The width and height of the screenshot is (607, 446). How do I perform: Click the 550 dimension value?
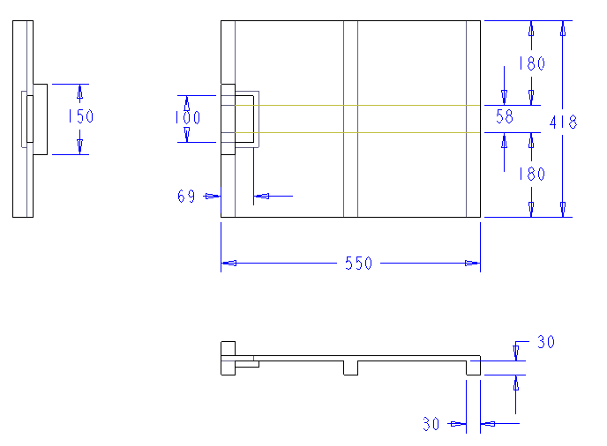coord(358,264)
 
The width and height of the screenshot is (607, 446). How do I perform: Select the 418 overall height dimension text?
coord(563,123)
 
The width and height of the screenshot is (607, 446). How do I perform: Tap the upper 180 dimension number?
coord(531,63)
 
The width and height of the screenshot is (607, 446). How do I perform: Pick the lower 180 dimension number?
coord(531,175)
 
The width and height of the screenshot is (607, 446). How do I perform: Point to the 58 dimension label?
coord(505,115)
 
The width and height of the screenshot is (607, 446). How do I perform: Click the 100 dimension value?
coord(186,117)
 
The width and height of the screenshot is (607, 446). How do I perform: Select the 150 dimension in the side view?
coord(80,116)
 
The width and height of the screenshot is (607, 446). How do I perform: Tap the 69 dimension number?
coord(186,197)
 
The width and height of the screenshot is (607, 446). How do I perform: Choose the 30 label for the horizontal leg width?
coord(431,424)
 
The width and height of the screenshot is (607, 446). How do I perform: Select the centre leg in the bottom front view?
coord(350,368)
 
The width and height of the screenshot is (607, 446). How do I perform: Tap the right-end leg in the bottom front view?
coord(473,367)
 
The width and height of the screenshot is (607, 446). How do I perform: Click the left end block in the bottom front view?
coord(228,358)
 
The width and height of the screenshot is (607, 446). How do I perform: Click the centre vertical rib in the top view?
coord(350,118)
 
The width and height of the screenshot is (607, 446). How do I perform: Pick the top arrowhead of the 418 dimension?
coord(563,29)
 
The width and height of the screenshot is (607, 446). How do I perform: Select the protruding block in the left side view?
coord(41,119)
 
